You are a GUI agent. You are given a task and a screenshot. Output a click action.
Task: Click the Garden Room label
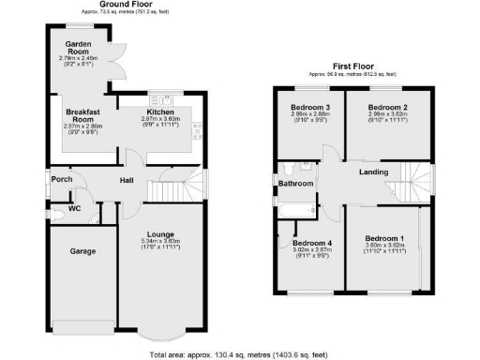pyautogui.click(x=77, y=49)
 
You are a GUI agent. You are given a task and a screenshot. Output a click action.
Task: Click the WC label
pyautogui.click(x=74, y=208)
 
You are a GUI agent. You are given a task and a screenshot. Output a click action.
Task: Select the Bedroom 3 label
pyautogui.click(x=307, y=108)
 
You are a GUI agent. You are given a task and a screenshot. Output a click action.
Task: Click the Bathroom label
pyautogui.click(x=295, y=184)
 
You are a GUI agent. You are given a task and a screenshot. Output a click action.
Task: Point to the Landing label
pyautogui.click(x=373, y=172)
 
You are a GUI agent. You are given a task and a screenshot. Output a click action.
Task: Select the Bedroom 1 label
pyautogui.click(x=385, y=238)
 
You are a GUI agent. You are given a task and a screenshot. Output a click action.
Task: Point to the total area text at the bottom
pyautogui.click(x=240, y=354)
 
